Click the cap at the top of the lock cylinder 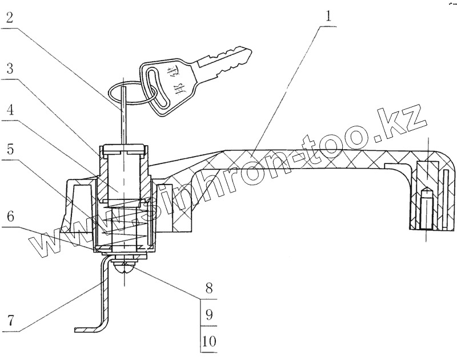click(125, 150)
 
